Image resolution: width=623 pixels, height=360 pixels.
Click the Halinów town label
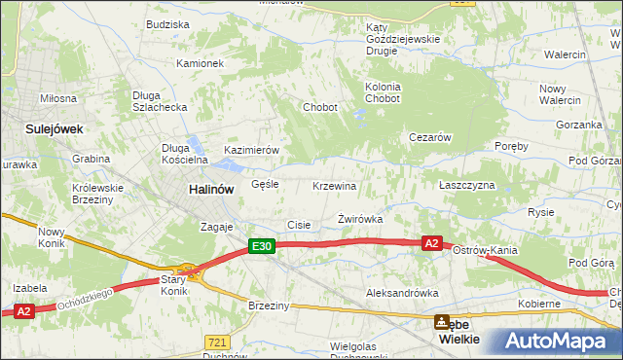[x=209, y=191]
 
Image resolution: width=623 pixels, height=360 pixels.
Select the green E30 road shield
[x=261, y=248]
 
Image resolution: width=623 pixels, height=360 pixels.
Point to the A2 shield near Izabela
[x=24, y=310]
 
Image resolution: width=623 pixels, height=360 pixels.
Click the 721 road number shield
[x=217, y=342]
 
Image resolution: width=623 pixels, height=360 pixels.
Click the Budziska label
[x=166, y=23]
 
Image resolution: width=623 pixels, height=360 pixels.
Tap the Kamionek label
[x=200, y=63]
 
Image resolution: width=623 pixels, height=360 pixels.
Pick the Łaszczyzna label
[x=466, y=185]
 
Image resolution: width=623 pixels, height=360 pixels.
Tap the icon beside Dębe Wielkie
[x=442, y=321]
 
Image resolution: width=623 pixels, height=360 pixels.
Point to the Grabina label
[x=91, y=158]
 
